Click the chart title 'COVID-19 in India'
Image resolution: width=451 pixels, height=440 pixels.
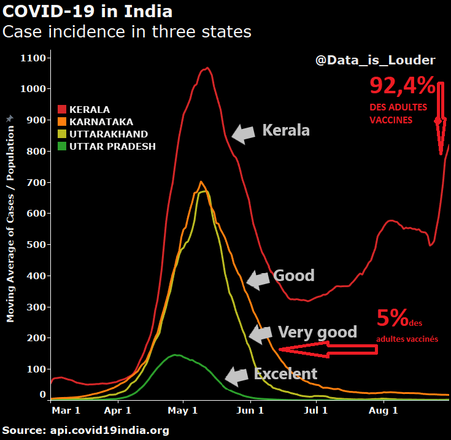(x=87, y=12)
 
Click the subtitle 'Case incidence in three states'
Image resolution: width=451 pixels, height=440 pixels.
(x=127, y=32)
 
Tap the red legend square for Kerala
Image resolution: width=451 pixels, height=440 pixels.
(x=62, y=110)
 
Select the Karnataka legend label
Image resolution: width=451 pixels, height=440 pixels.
(x=101, y=122)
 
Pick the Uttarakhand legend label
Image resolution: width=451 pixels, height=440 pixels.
(x=109, y=134)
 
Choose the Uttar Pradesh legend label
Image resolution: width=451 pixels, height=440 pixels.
(x=112, y=146)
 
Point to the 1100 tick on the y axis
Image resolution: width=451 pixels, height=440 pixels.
(x=34, y=58)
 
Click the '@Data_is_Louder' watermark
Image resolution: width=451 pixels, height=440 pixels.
(x=375, y=60)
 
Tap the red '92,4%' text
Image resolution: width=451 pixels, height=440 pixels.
(x=402, y=85)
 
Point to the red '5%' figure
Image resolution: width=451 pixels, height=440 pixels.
(x=393, y=318)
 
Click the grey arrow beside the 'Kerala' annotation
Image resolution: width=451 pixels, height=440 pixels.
(x=244, y=133)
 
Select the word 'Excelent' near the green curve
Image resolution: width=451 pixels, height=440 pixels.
(x=285, y=374)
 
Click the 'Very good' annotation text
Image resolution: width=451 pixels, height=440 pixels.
(x=317, y=332)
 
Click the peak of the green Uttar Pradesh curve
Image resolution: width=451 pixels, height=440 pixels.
(x=176, y=355)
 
